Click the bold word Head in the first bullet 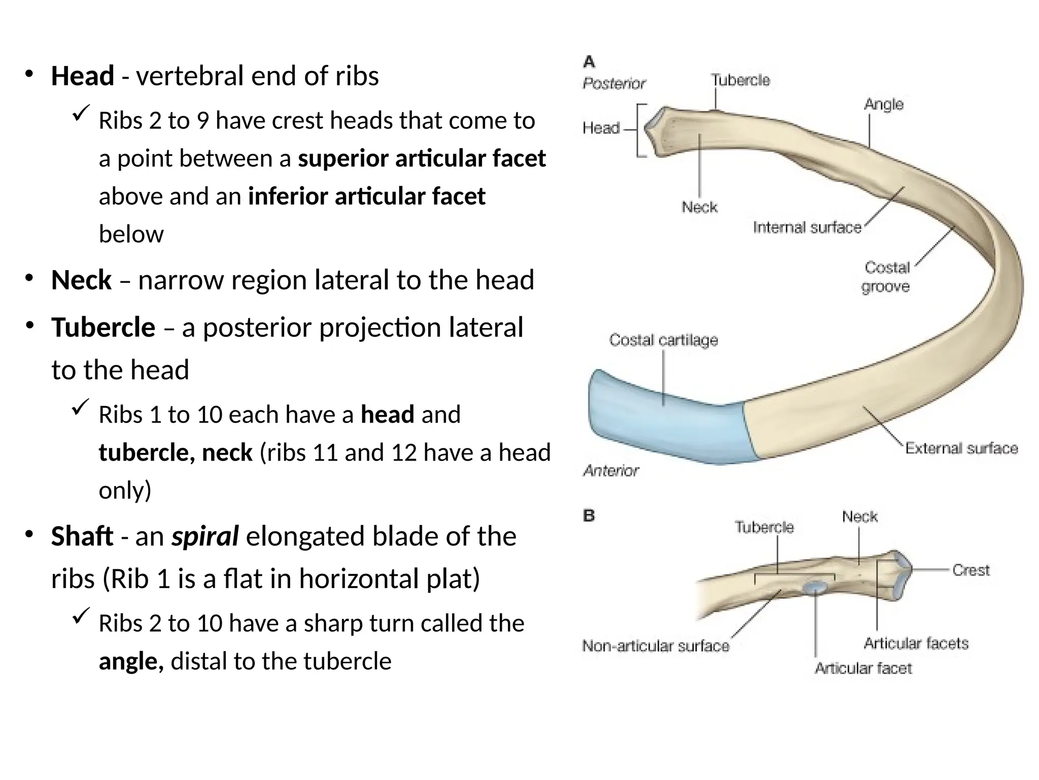[82, 76]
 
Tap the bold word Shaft [82, 536]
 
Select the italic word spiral [205, 536]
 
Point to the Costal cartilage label [664, 340]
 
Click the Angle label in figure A [884, 104]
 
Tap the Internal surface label [807, 227]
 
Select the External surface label [961, 448]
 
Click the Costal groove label [886, 277]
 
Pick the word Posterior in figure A [614, 83]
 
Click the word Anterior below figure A [611, 471]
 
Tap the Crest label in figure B [971, 570]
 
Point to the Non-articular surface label [655, 645]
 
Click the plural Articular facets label [916, 643]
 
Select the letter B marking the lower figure [589, 516]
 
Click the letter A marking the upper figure [589, 62]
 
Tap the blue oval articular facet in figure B [815, 588]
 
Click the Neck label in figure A [699, 207]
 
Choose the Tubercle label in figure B [764, 527]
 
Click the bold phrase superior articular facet [422, 158]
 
